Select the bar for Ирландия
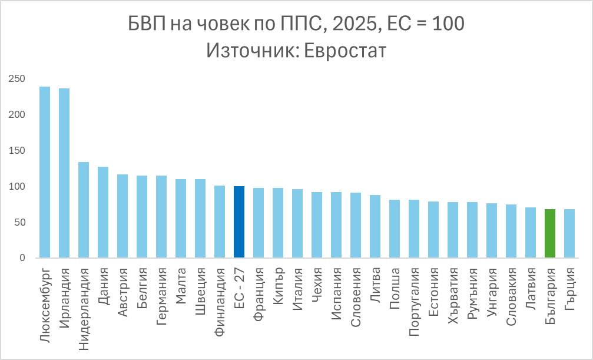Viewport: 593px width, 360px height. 64,173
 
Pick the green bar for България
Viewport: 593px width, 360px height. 550,233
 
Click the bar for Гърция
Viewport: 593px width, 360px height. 569,233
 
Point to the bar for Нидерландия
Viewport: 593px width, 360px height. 84,210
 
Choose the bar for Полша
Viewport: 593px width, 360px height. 395,229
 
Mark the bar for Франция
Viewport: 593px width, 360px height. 259,223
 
